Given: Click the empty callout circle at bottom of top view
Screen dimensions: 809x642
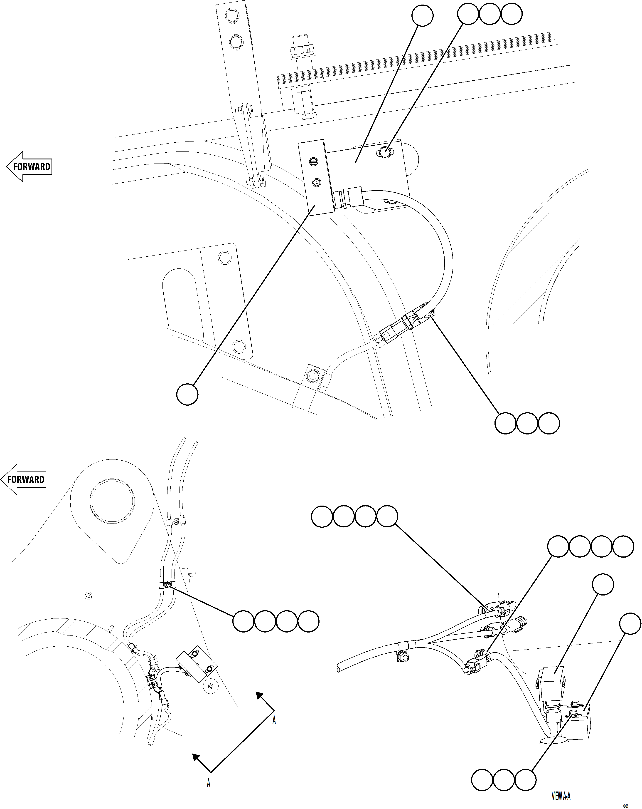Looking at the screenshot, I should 187,394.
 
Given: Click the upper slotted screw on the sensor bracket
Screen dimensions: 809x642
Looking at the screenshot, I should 314,161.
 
